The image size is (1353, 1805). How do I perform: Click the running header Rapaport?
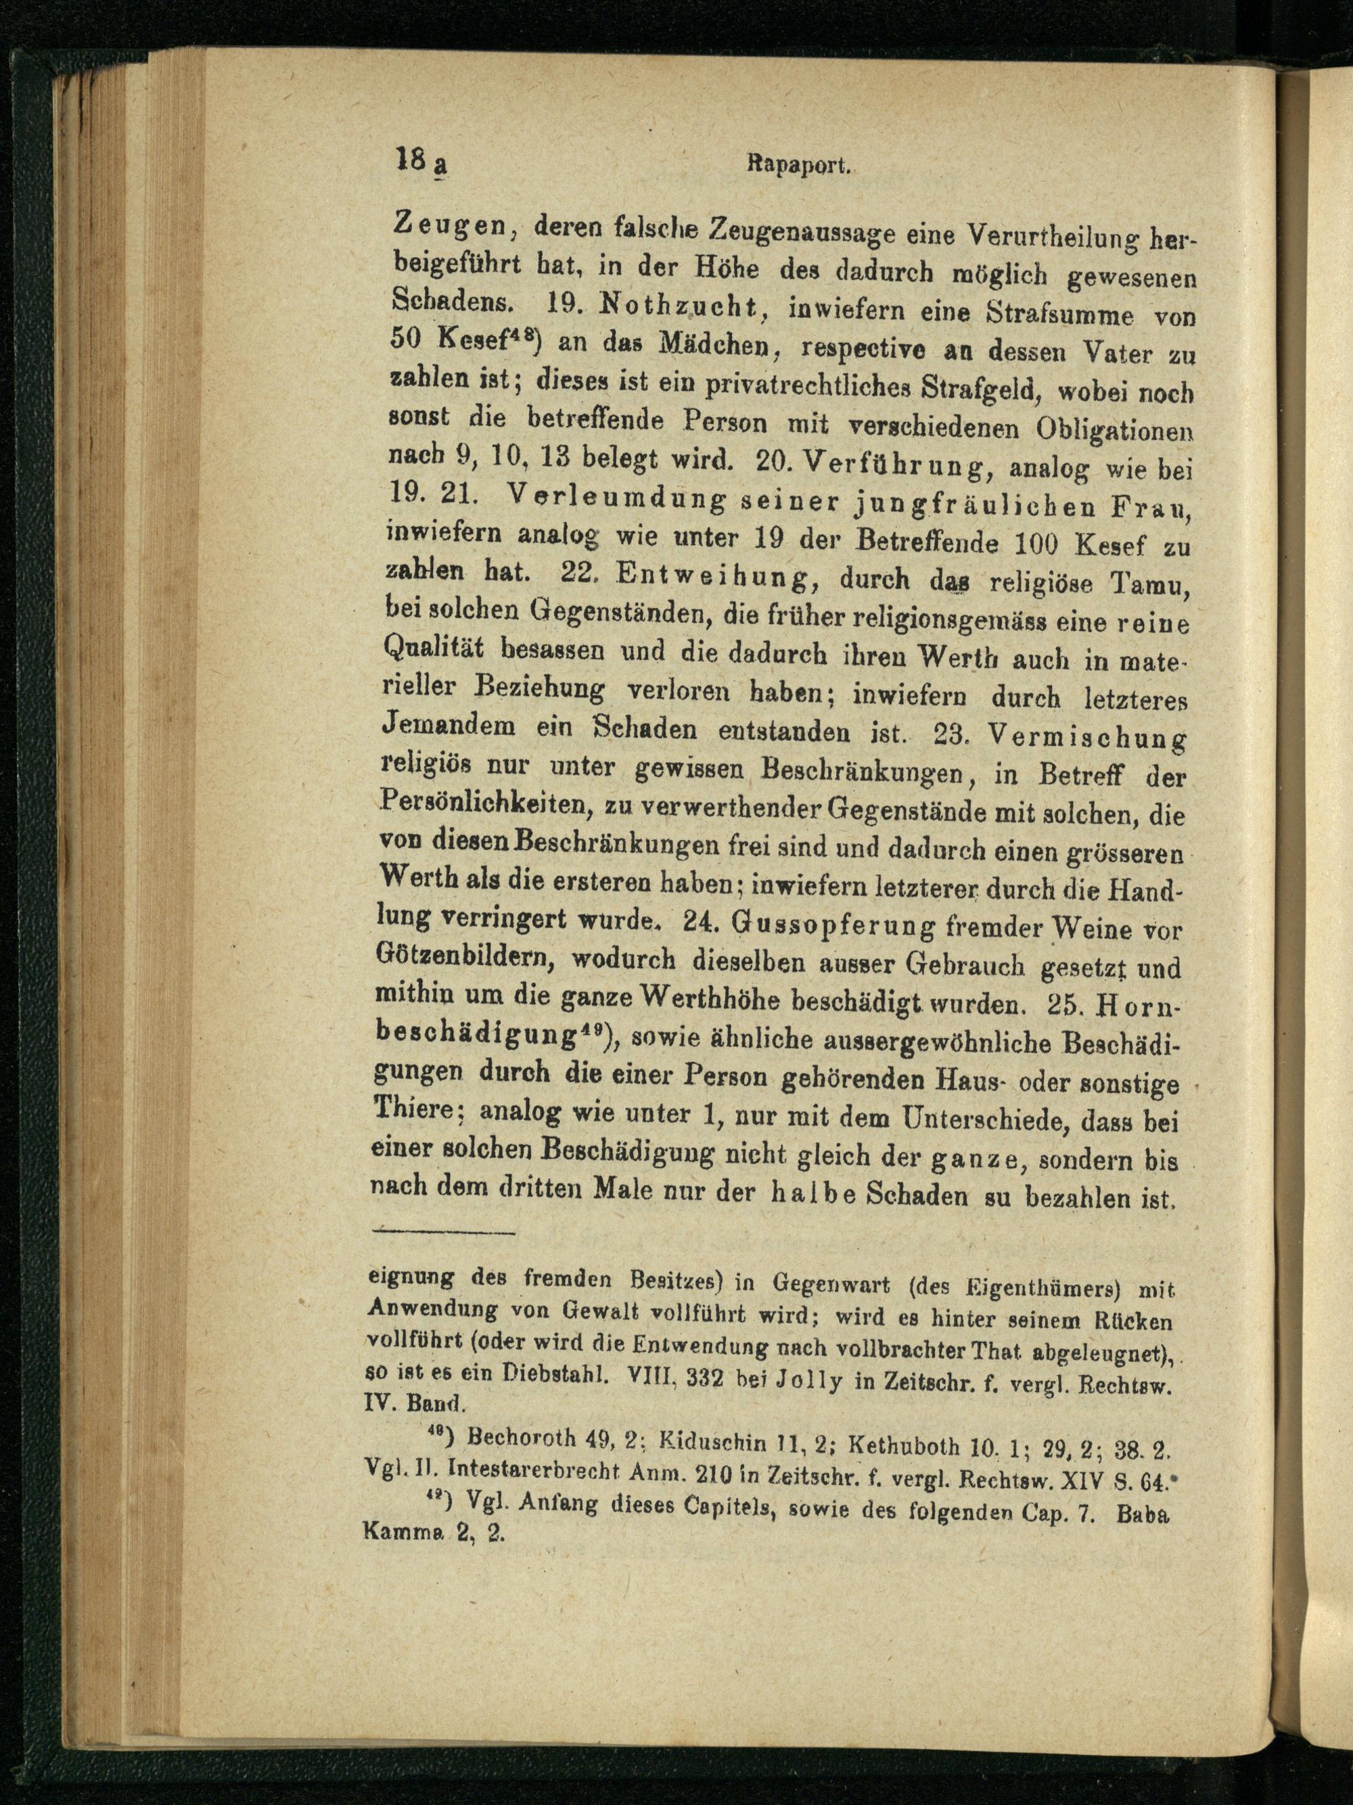(798, 166)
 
